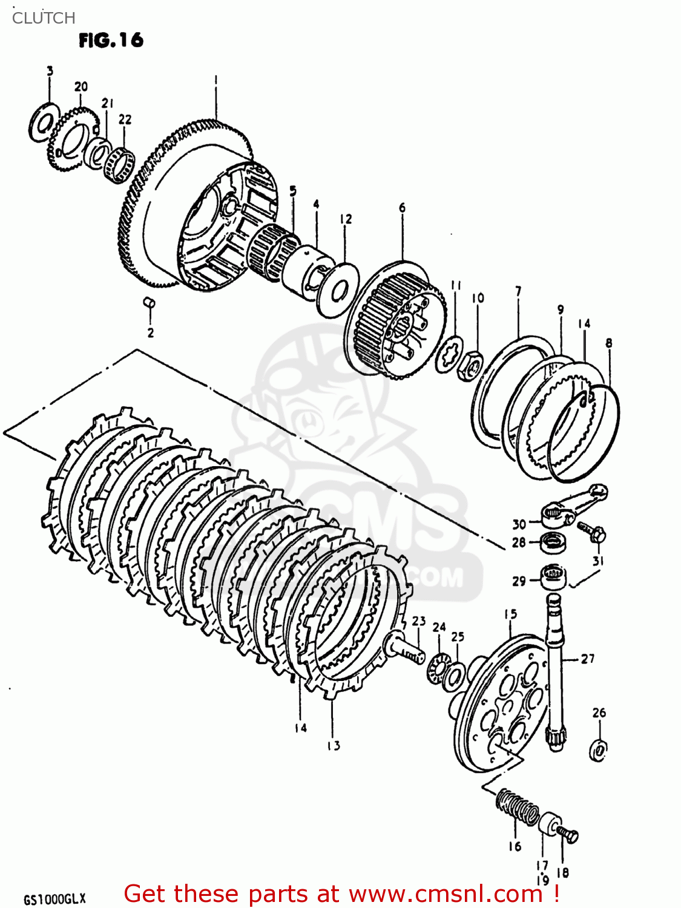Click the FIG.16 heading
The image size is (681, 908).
pyautogui.click(x=111, y=41)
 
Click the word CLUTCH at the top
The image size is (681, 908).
pyautogui.click(x=44, y=18)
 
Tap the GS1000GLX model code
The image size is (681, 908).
pyautogui.click(x=54, y=899)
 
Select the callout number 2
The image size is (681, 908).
pyautogui.click(x=150, y=332)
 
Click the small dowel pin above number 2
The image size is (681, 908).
pyautogui.click(x=149, y=302)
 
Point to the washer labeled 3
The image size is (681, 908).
pyautogui.click(x=43, y=123)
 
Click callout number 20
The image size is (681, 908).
pyautogui.click(x=81, y=87)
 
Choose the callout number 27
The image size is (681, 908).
pyautogui.click(x=588, y=659)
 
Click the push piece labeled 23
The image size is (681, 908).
pyautogui.click(x=404, y=646)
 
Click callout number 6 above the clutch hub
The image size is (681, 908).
pyautogui.click(x=403, y=208)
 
